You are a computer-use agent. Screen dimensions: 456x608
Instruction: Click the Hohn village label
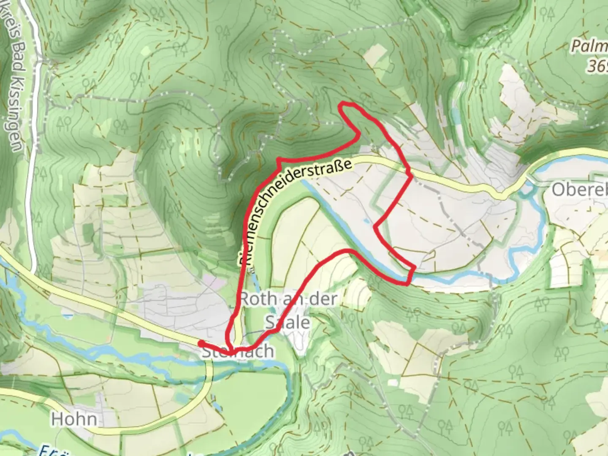point(74,419)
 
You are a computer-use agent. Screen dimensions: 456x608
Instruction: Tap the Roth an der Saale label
point(288,311)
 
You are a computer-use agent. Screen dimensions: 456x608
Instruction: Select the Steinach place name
point(237,352)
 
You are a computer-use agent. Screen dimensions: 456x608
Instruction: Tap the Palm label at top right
point(589,46)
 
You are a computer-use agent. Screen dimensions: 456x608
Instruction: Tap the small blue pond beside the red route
point(366,220)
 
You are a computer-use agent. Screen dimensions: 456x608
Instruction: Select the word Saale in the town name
point(287,322)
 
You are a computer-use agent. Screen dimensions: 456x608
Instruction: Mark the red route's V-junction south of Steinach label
point(230,352)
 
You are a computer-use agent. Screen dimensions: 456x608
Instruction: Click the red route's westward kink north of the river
point(375,227)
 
